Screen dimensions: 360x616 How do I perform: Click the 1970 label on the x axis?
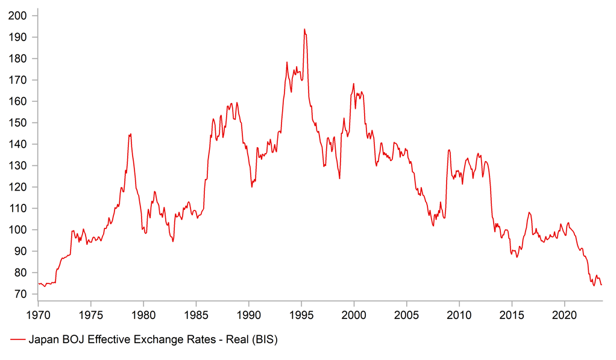pyautogui.click(x=37, y=314)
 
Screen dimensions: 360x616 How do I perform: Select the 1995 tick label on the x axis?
pyautogui.click(x=301, y=314)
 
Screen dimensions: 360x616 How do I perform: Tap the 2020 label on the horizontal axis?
pyautogui.click(x=564, y=314)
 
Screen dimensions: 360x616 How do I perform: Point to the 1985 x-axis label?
pyautogui.click(x=195, y=314)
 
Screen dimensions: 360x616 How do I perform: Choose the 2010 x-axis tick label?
pyautogui.click(x=459, y=314)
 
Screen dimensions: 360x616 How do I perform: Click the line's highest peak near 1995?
pyautogui.click(x=304, y=29)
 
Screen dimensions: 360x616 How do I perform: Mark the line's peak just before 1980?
pyautogui.click(x=130, y=134)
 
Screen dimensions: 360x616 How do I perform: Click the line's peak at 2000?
pyautogui.click(x=353, y=84)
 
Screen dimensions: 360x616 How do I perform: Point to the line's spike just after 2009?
pyautogui.click(x=448, y=150)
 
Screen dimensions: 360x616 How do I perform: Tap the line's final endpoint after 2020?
pyautogui.click(x=601, y=285)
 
